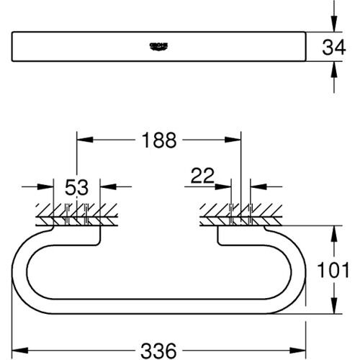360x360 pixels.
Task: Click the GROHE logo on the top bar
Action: coord(158,46)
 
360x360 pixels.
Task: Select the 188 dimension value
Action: coord(158,140)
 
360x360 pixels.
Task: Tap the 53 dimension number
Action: coord(76,188)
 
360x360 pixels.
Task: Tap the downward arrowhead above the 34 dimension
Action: coord(333,25)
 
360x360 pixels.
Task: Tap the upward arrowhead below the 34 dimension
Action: coord(333,69)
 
